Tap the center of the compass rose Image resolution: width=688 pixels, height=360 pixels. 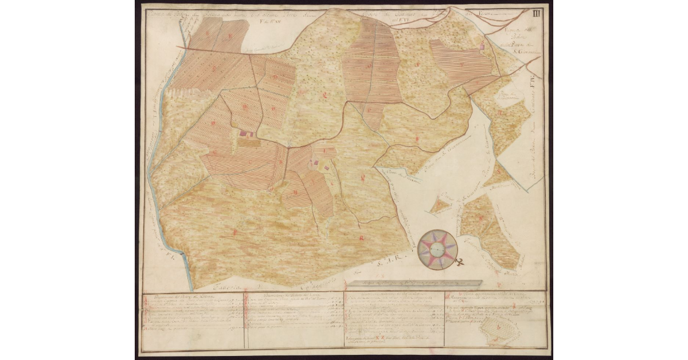[x=437, y=248]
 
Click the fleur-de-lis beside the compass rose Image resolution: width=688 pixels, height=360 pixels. [x=460, y=263]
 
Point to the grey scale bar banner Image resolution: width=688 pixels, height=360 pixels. [x=411, y=283]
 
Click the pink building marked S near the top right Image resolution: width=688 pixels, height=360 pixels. [x=482, y=46]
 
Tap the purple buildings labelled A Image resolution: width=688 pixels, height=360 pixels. [x=247, y=133]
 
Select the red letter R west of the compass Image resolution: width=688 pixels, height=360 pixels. [x=361, y=237]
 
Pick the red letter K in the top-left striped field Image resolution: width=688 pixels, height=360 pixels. [x=230, y=37]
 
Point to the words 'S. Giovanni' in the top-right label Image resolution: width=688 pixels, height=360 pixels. [x=521, y=52]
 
